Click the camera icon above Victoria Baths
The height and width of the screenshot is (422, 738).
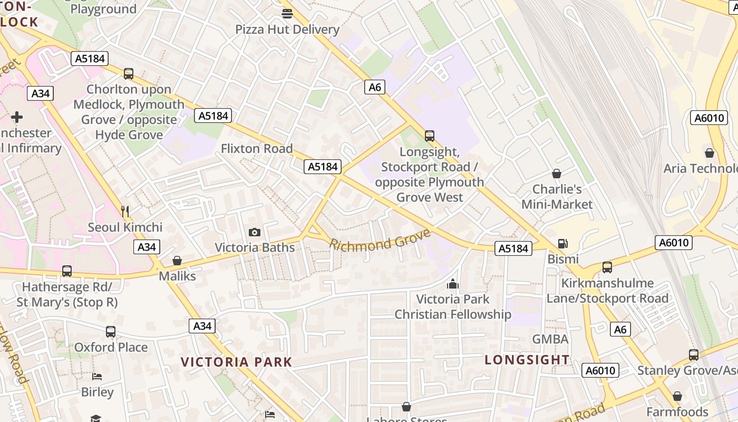click(x=254, y=232)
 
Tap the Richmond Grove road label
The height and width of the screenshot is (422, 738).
click(x=381, y=241)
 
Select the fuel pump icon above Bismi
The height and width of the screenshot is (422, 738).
click(x=563, y=244)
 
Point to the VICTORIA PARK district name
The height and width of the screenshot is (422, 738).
click(x=236, y=362)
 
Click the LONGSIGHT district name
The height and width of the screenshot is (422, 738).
click(x=527, y=360)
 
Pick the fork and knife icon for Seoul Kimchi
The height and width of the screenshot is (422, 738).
click(x=125, y=212)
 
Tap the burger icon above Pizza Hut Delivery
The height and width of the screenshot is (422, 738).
click(x=287, y=14)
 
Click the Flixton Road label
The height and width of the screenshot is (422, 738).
click(x=257, y=149)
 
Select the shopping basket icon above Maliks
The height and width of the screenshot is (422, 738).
click(x=177, y=261)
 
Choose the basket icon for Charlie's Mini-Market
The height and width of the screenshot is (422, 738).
click(x=557, y=174)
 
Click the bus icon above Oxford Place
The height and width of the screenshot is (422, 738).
click(x=111, y=332)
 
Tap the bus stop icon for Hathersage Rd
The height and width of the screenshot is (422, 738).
click(x=67, y=271)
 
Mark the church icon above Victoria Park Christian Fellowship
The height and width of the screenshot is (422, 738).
click(x=453, y=284)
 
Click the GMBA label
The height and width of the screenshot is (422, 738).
click(x=550, y=339)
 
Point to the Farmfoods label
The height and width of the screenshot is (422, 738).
click(x=677, y=411)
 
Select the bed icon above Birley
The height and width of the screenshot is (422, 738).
click(x=97, y=377)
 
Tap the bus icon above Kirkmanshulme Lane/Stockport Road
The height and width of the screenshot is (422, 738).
click(x=607, y=267)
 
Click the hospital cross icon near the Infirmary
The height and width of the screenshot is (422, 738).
click(x=17, y=117)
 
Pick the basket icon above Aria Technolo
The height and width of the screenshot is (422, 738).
click(x=710, y=154)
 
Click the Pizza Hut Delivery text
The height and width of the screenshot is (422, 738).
click(x=287, y=30)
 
